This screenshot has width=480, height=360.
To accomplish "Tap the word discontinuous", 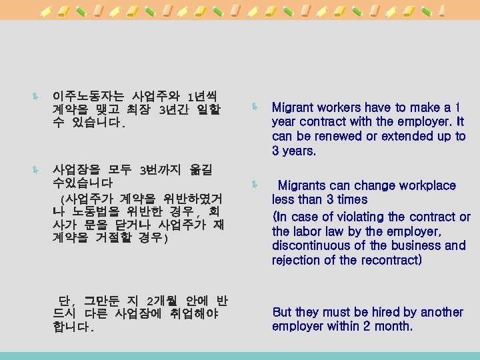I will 311,245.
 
